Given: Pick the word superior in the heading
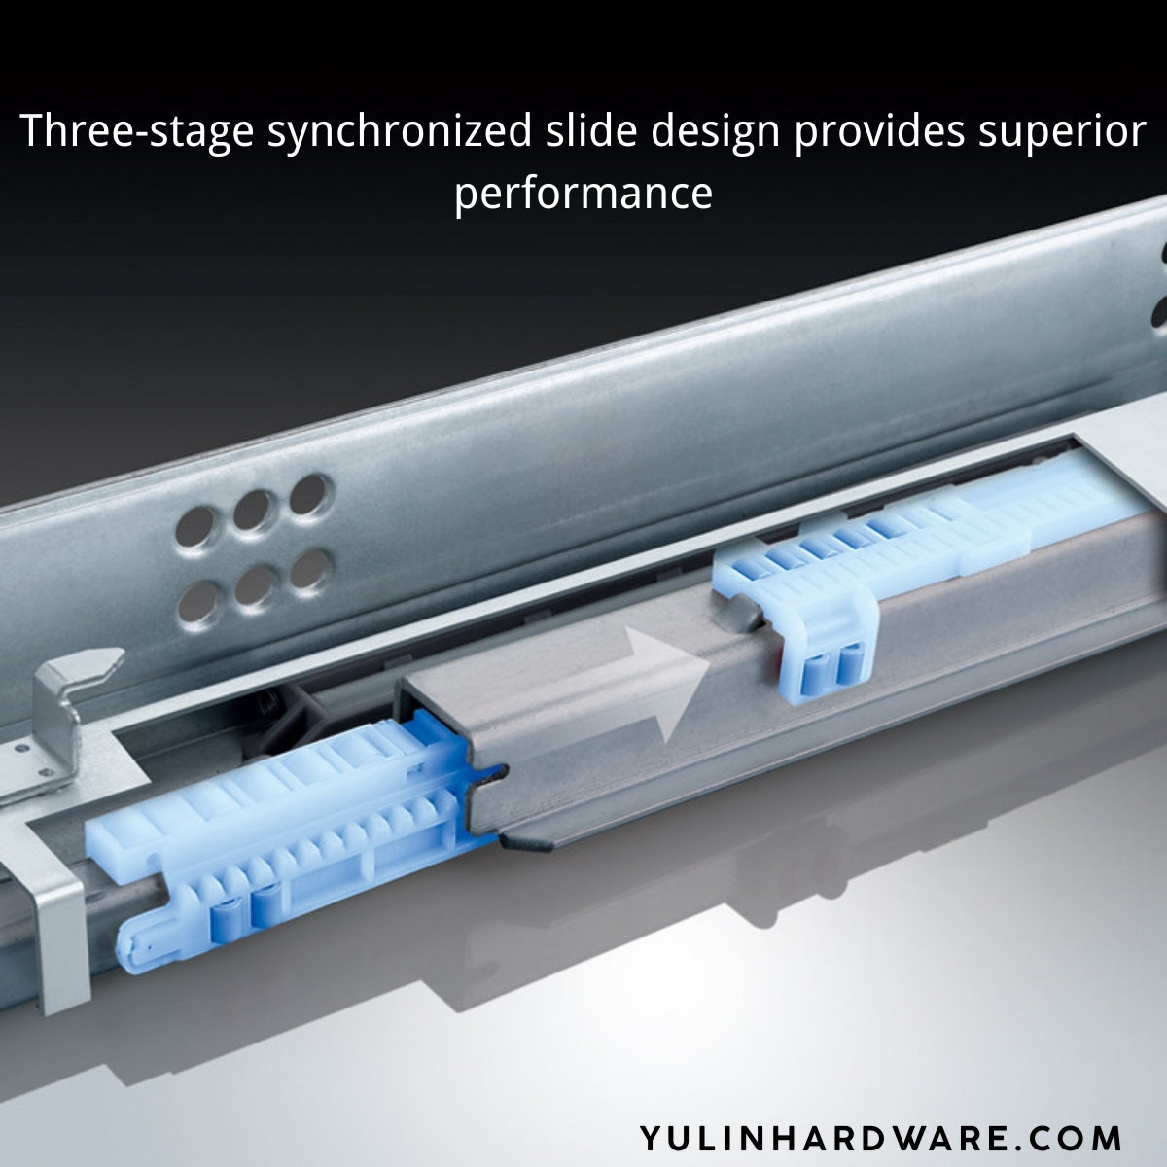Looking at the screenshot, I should pos(1060,132).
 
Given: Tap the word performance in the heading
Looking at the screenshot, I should pos(583,193).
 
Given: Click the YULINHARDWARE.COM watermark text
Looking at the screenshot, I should pos(881,1137).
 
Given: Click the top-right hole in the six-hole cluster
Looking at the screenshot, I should pos(310,492).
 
